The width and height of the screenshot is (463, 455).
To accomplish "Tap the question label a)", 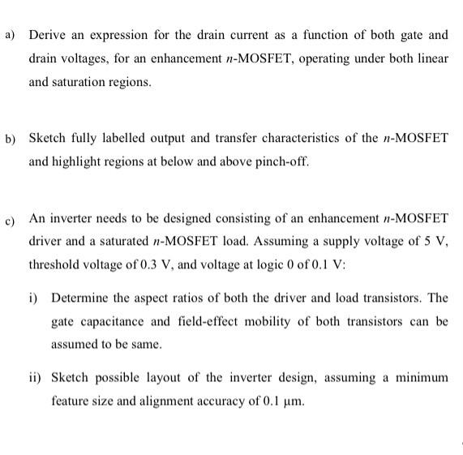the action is [11, 35].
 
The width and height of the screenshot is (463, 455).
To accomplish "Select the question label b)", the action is [11, 139].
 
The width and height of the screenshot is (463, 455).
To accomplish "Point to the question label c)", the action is [11, 219].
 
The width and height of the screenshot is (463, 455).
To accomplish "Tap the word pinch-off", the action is [281, 161].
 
